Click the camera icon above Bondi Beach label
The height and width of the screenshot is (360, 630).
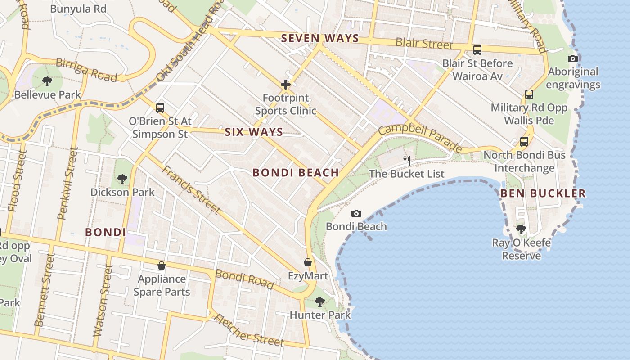tap(356, 213)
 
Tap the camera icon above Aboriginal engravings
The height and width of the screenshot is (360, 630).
tap(572, 58)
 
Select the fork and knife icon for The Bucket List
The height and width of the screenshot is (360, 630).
tap(407, 160)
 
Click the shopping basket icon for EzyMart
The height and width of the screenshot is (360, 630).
tap(308, 262)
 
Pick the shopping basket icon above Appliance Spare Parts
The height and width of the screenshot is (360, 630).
tap(162, 265)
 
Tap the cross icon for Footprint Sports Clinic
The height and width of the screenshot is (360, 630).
tap(285, 85)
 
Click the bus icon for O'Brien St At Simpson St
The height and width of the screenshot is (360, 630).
tap(160, 108)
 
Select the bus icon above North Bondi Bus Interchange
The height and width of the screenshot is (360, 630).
tap(524, 142)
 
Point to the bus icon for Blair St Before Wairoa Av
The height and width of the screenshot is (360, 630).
tap(477, 50)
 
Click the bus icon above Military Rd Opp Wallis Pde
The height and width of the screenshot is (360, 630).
tap(529, 94)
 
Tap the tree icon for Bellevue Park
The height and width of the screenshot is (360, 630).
tap(47, 81)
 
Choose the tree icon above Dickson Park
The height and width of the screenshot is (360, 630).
tap(122, 179)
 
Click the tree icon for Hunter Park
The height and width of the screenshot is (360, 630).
tap(319, 301)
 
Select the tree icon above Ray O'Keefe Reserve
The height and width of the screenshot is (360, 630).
tap(521, 229)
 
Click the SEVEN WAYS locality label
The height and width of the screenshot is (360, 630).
tap(320, 39)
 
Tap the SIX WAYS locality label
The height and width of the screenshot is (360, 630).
tap(254, 132)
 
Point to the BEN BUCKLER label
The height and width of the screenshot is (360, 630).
tap(543, 193)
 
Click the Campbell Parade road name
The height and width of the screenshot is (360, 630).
tap(420, 138)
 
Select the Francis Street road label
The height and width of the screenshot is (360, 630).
tap(191, 189)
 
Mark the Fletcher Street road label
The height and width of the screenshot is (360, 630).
tap(248, 331)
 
